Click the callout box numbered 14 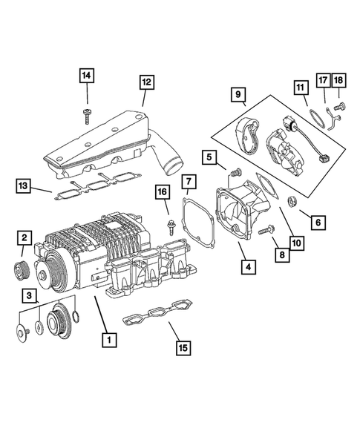pyautogui.click(x=87, y=75)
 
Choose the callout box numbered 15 pyautogui.click(x=183, y=346)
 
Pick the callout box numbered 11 pyautogui.click(x=300, y=88)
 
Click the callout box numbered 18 pyautogui.click(x=339, y=80)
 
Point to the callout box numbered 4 pyautogui.click(x=246, y=265)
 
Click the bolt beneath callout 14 pyautogui.click(x=88, y=113)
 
